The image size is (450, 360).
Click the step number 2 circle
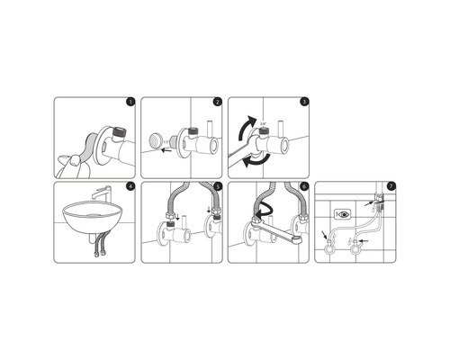216,103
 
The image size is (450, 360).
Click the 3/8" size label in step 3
264,124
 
